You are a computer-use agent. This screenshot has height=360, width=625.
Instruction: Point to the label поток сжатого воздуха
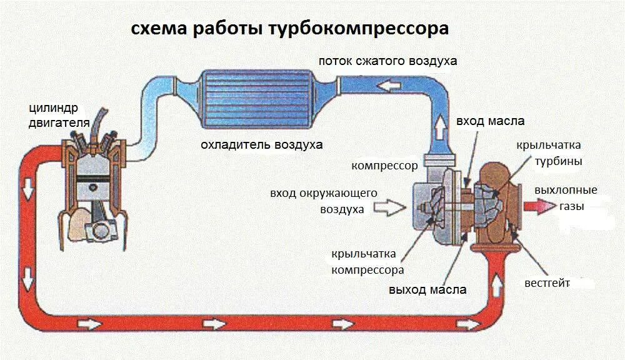(x=387, y=61)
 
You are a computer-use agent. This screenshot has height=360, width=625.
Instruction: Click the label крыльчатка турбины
(x=549, y=153)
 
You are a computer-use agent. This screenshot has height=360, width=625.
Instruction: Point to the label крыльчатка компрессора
(x=367, y=262)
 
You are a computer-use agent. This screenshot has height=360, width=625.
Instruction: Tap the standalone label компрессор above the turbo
(x=384, y=166)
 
